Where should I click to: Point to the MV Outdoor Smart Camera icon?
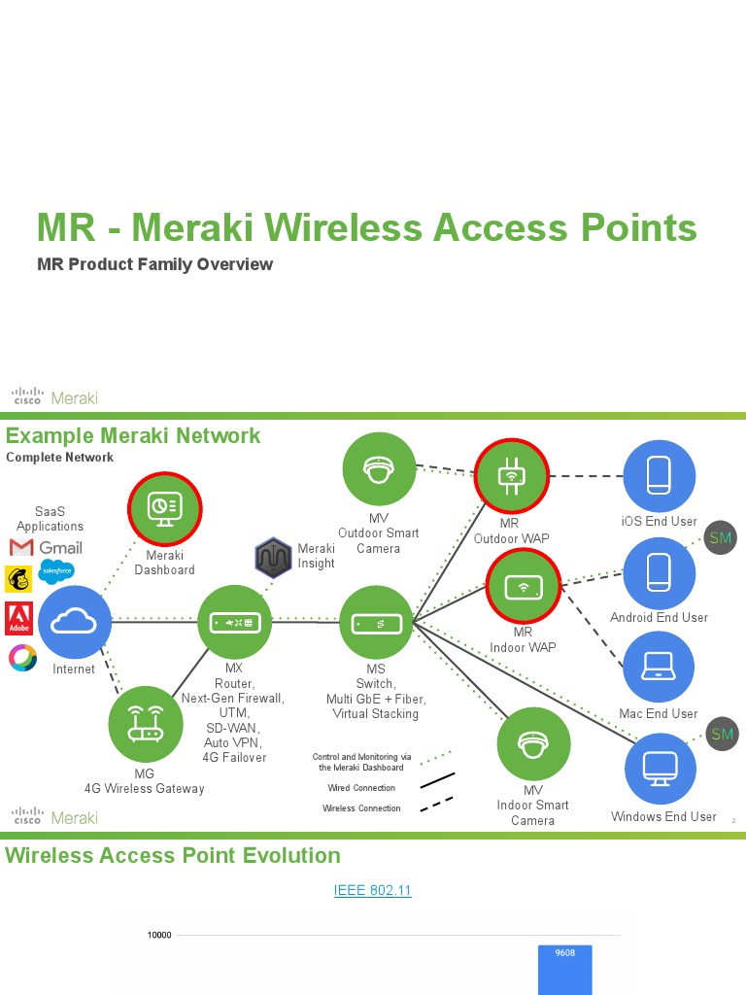379,469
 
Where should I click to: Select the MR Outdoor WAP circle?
511,476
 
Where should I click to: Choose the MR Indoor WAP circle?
523,587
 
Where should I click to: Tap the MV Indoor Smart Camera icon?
533,744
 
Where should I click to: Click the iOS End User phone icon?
659,476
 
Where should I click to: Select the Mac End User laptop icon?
659,668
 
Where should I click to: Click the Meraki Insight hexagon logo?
273,557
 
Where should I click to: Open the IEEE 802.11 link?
372,890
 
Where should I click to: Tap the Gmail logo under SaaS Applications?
46,548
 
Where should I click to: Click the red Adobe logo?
19,618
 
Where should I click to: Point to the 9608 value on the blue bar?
564,953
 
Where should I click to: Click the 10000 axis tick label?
159,936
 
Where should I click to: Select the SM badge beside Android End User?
721,538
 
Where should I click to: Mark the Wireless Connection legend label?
361,808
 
